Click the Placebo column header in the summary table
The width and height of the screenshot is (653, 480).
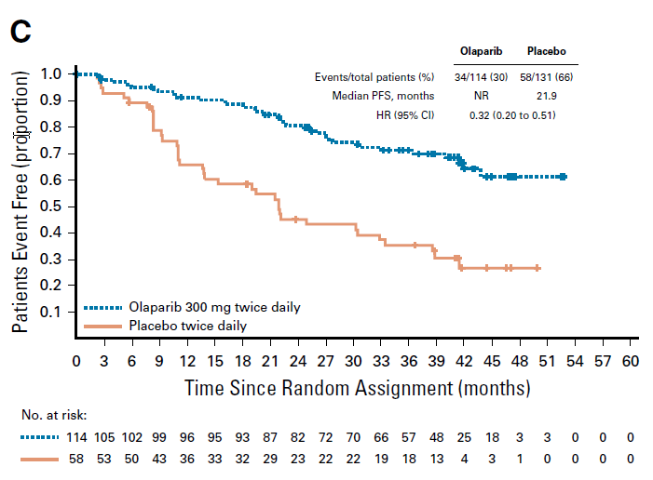coord(547,52)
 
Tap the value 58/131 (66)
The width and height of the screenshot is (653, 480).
coord(547,77)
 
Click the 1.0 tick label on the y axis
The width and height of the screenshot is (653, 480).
coord(52,73)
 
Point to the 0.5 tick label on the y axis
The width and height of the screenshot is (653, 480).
coord(52,206)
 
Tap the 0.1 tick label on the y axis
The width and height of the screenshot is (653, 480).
coord(52,312)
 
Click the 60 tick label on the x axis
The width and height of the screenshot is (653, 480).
coord(630,360)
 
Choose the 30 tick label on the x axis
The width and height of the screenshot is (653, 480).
coord(352,360)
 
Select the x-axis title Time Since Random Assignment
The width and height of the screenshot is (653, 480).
coord(357,386)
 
